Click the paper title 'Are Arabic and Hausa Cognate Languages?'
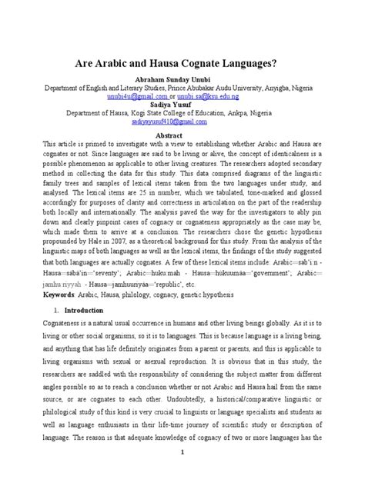[x=182, y=66]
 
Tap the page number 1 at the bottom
[x=182, y=474]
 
